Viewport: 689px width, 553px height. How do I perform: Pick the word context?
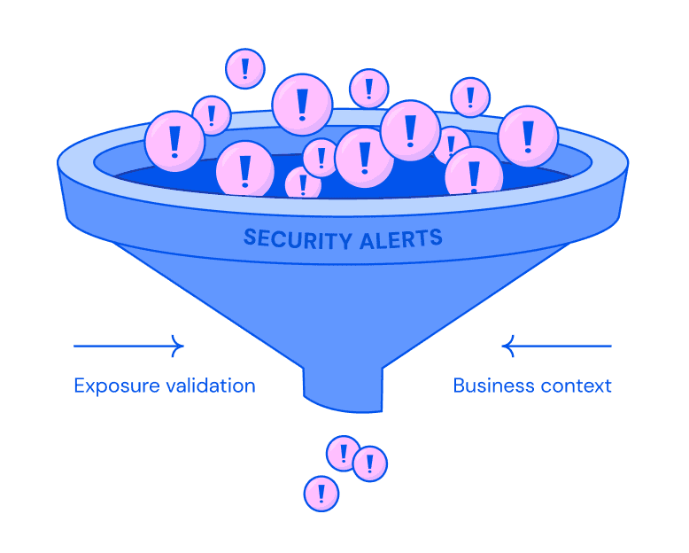point(576,386)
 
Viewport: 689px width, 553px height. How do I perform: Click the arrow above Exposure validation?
point(128,346)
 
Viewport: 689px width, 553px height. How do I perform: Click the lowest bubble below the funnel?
point(321,494)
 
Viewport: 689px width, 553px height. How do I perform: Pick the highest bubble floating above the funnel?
point(245,68)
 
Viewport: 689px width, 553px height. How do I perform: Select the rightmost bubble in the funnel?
point(528,136)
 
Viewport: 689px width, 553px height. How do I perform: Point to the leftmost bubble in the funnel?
point(174,140)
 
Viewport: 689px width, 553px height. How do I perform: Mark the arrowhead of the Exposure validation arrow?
point(179,346)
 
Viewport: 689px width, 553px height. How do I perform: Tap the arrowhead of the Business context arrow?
point(507,346)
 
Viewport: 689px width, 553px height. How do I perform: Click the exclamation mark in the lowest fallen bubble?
point(321,493)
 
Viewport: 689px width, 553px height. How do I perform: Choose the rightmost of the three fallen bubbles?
point(369,463)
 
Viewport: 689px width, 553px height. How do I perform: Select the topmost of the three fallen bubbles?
point(343,453)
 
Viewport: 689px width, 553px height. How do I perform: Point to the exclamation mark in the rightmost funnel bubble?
point(528,136)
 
